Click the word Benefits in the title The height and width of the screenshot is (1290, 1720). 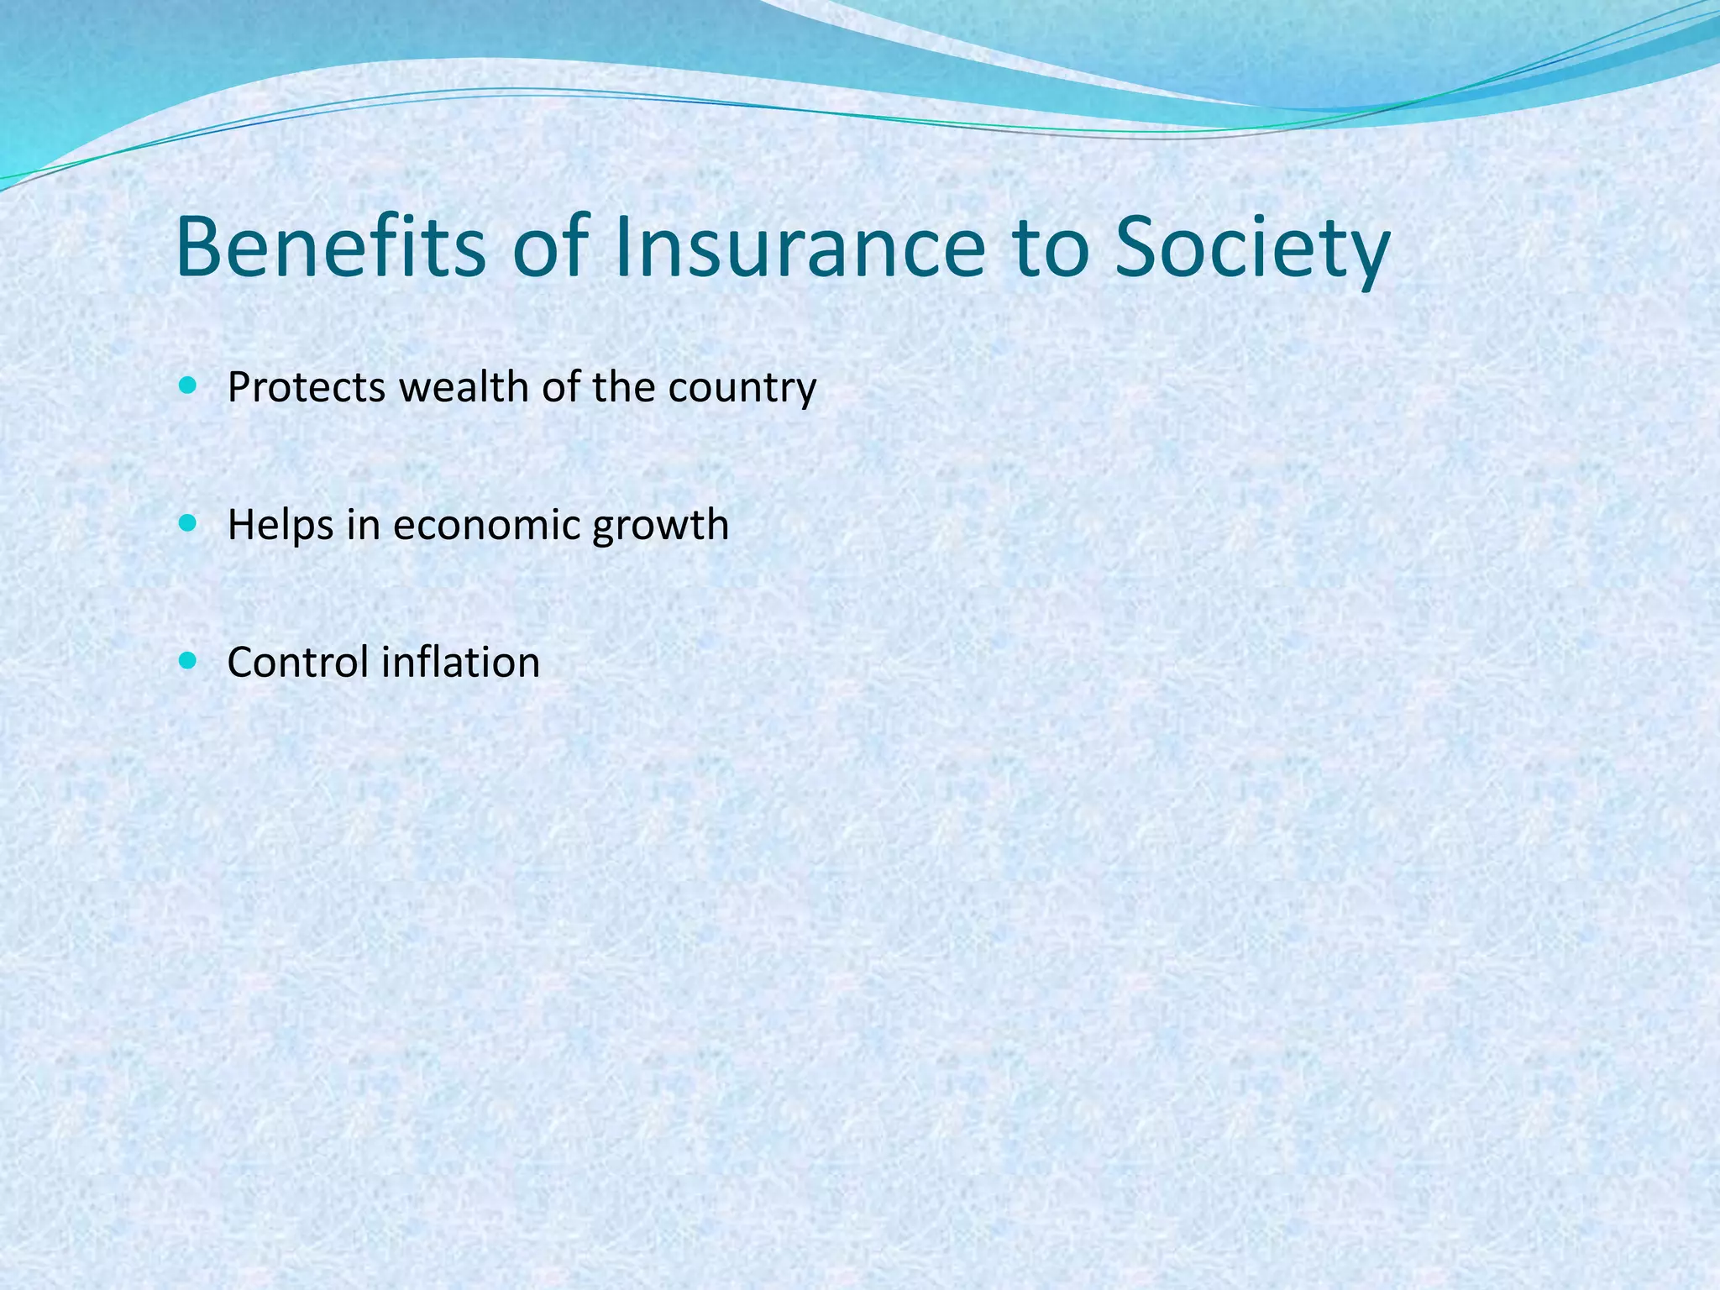(331, 247)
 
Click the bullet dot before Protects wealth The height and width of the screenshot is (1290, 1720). (187, 386)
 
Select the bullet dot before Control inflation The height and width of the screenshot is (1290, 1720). (187, 661)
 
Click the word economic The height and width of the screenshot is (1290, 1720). (487, 525)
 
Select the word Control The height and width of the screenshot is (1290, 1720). (298, 662)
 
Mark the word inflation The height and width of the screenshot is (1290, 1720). (460, 662)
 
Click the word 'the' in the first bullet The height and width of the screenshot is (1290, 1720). (624, 387)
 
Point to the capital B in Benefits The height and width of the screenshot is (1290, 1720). (197, 247)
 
